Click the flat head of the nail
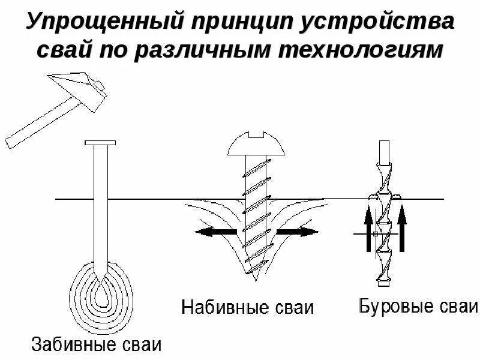(101, 143)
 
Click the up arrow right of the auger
(403, 227)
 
